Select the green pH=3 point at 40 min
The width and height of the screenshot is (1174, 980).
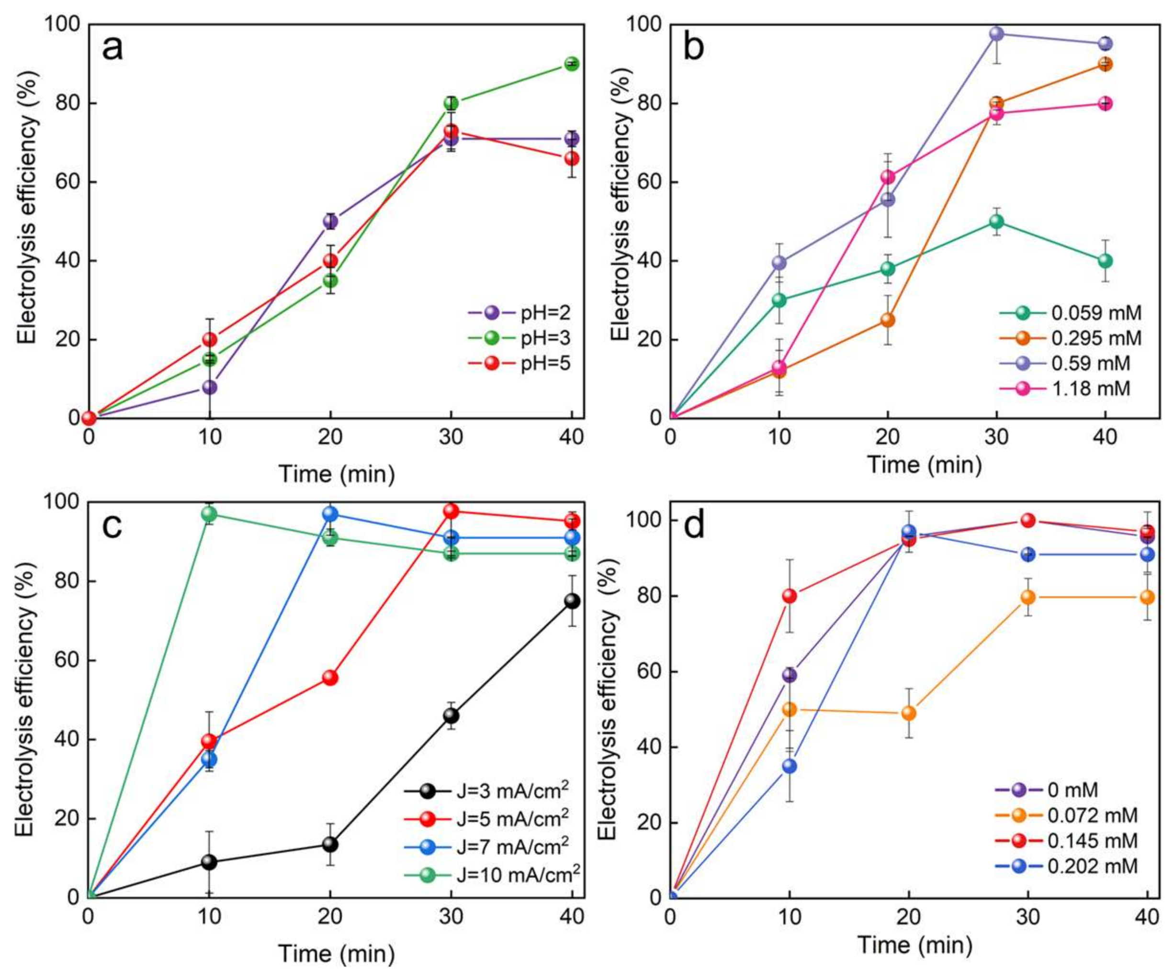(571, 64)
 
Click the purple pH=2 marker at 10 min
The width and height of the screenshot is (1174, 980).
(209, 387)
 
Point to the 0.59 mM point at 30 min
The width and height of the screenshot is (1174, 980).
(996, 33)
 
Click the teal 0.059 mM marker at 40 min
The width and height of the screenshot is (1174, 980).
(1105, 261)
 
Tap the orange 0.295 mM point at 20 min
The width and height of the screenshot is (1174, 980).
(887, 320)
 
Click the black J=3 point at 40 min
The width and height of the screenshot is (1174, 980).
(571, 601)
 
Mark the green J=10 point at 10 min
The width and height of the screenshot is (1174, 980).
(209, 513)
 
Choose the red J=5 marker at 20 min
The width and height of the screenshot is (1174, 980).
(330, 678)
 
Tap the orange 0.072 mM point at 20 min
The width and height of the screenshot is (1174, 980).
(908, 713)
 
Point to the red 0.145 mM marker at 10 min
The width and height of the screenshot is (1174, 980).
(790, 596)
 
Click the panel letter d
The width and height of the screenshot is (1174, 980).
(694, 527)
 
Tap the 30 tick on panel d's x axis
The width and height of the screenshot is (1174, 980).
(1027, 917)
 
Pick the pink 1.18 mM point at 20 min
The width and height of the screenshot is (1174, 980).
(887, 177)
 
